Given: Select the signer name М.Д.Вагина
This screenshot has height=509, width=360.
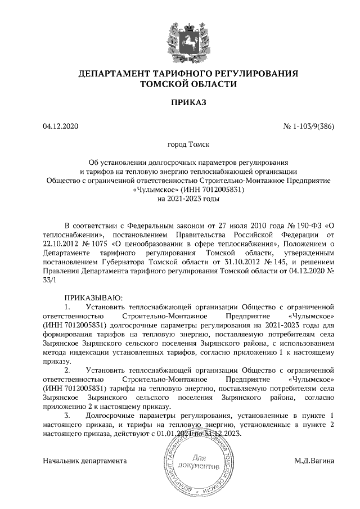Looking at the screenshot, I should pyautogui.click(x=314, y=461).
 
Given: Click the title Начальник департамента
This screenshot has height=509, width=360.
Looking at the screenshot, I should pyautogui.click(x=84, y=461).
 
